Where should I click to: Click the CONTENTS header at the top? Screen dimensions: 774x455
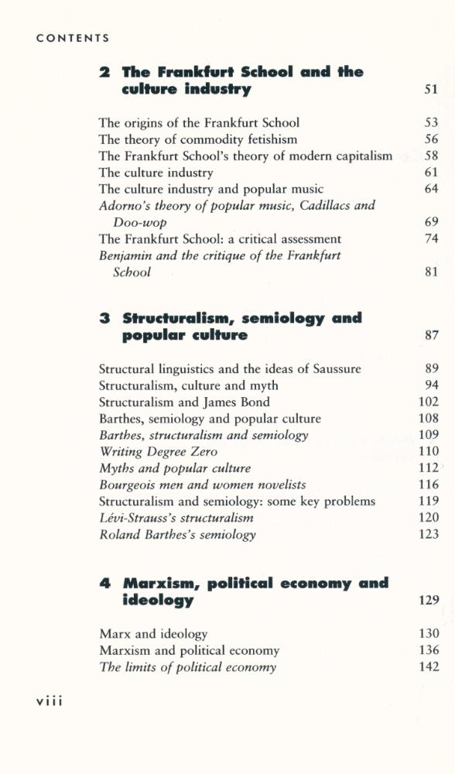click(72, 38)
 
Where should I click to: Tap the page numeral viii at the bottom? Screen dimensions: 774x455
click(49, 700)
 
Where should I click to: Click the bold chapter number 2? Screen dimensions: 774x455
click(104, 73)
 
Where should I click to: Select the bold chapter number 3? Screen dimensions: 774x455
click(104, 319)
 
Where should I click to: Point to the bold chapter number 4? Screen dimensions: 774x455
click(105, 584)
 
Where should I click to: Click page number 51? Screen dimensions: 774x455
click(431, 90)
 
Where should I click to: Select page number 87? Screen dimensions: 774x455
click(431, 336)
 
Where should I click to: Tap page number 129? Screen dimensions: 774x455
click(428, 601)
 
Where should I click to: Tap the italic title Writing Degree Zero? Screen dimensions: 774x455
click(159, 452)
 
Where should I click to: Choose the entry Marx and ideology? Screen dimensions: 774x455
click(153, 634)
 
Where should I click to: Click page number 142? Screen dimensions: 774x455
click(428, 667)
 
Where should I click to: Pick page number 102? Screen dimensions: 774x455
click(428, 402)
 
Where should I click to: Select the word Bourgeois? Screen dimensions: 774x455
click(127, 485)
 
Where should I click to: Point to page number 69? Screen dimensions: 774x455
click(431, 222)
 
